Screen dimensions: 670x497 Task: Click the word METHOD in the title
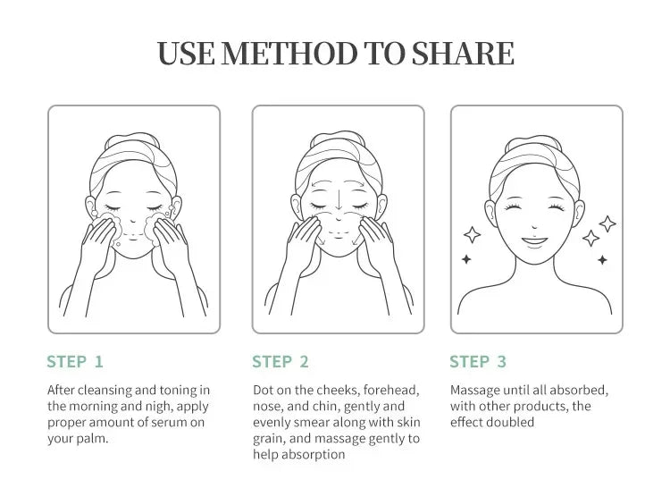pyautogui.click(x=289, y=54)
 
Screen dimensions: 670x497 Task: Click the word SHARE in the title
pyautogui.click(x=463, y=54)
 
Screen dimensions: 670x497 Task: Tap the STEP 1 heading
pyautogui.click(x=75, y=362)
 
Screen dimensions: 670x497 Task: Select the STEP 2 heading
pyautogui.click(x=281, y=362)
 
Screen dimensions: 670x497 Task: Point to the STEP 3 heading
pyautogui.click(x=478, y=362)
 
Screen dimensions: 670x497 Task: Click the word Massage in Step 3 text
pyautogui.click(x=475, y=391)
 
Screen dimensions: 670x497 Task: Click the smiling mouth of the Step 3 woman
pyautogui.click(x=534, y=241)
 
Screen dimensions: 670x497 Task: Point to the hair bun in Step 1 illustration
pyautogui.click(x=132, y=139)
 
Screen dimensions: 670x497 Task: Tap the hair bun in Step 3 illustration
pyautogui.click(x=532, y=142)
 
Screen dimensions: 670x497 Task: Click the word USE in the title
pyautogui.click(x=186, y=54)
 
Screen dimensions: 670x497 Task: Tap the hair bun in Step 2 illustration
pyautogui.click(x=338, y=138)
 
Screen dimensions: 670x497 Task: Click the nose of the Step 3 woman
pyautogui.click(x=534, y=226)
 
